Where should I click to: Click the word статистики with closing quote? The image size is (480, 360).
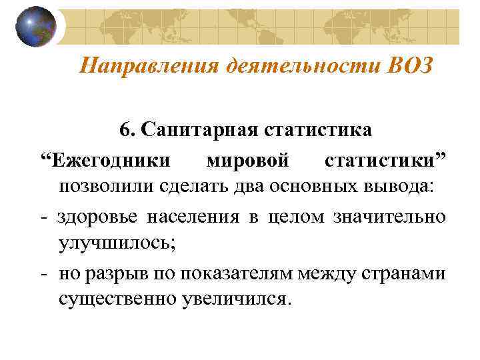[x=386, y=161]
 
